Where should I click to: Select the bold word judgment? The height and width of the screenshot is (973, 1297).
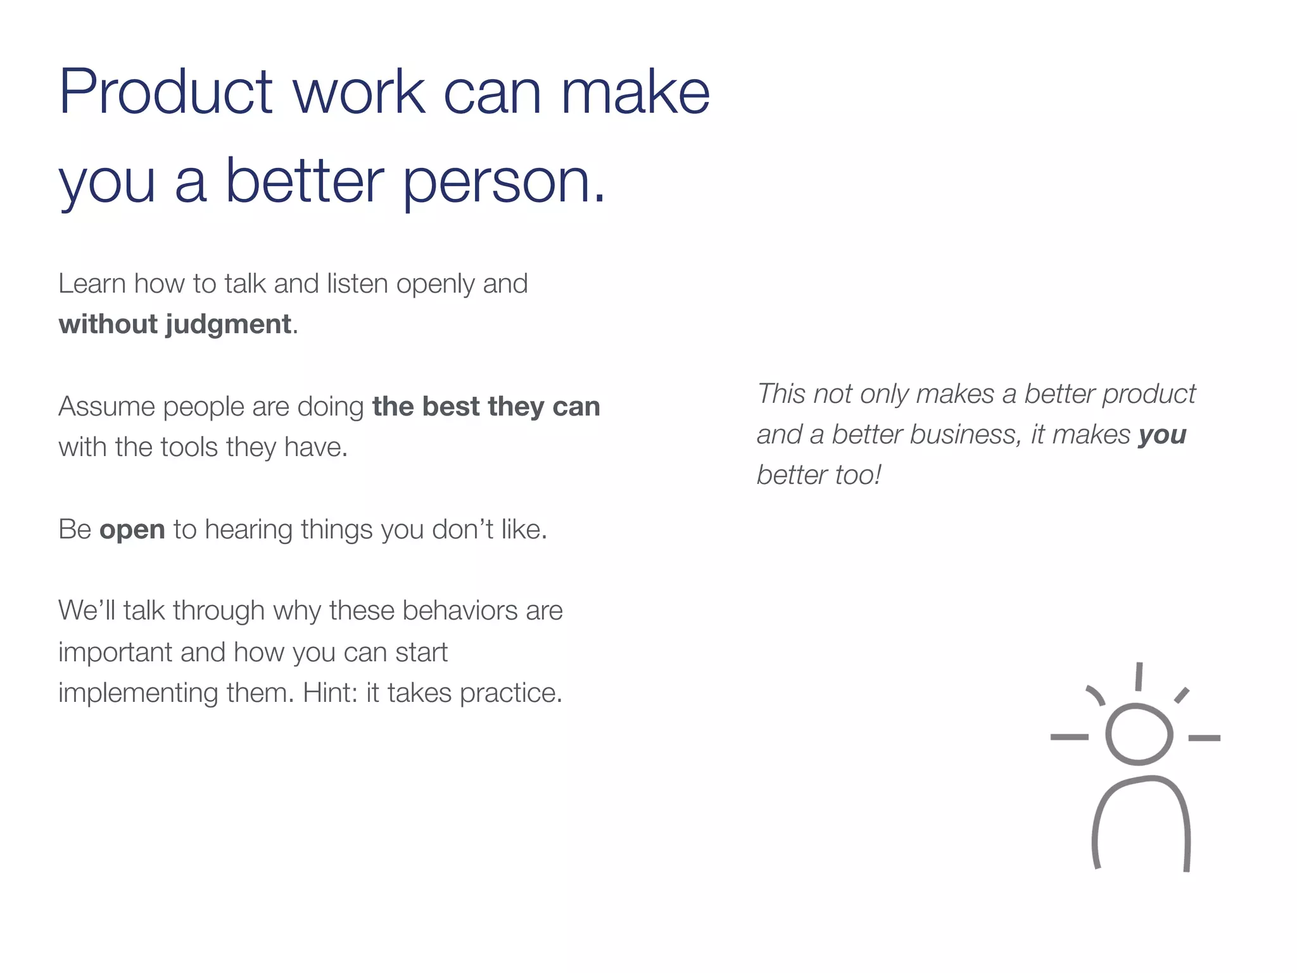point(228,325)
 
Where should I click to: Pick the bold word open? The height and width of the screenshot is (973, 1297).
point(132,530)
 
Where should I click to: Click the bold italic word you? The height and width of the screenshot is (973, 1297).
point(1161,435)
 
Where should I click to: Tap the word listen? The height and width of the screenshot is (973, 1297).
point(357,284)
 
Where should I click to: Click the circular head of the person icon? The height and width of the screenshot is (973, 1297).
point(1139,735)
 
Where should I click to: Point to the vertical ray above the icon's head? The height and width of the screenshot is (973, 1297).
point(1138,677)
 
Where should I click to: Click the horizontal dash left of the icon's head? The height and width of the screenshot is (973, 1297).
point(1069,737)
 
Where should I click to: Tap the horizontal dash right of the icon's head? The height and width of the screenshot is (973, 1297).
point(1204,738)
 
